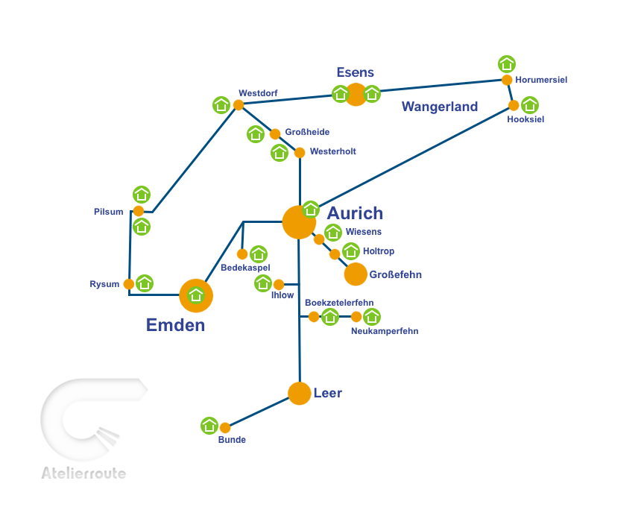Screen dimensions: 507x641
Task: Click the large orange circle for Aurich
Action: [x=299, y=222]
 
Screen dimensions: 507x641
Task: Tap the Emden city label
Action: [x=175, y=325]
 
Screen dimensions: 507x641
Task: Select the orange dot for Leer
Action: [x=300, y=393]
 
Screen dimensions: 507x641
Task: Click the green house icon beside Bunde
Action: [x=209, y=426]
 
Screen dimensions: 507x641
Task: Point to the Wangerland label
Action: [x=439, y=107]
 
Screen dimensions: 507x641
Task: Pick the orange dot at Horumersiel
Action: [x=507, y=80]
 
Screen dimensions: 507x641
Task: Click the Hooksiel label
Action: [x=525, y=119]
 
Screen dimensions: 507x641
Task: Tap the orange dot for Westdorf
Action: [x=239, y=105]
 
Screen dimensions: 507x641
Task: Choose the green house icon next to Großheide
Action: [x=256, y=134]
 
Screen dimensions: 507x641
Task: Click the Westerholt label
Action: [x=332, y=151]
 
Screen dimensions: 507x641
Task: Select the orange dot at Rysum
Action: [x=129, y=284]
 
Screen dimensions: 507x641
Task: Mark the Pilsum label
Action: [x=108, y=212]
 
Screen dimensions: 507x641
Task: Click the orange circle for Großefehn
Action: [x=356, y=274]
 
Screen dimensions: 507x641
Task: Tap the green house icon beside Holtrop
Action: [x=351, y=251]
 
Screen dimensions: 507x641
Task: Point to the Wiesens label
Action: [x=364, y=232]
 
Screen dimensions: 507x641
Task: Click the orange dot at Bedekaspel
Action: [x=242, y=254]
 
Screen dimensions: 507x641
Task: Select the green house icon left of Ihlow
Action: [x=263, y=283]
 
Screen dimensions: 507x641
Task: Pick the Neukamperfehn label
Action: [x=384, y=331]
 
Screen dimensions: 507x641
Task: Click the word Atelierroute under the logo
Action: [x=83, y=473]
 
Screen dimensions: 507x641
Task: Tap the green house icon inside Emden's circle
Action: [x=196, y=295]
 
